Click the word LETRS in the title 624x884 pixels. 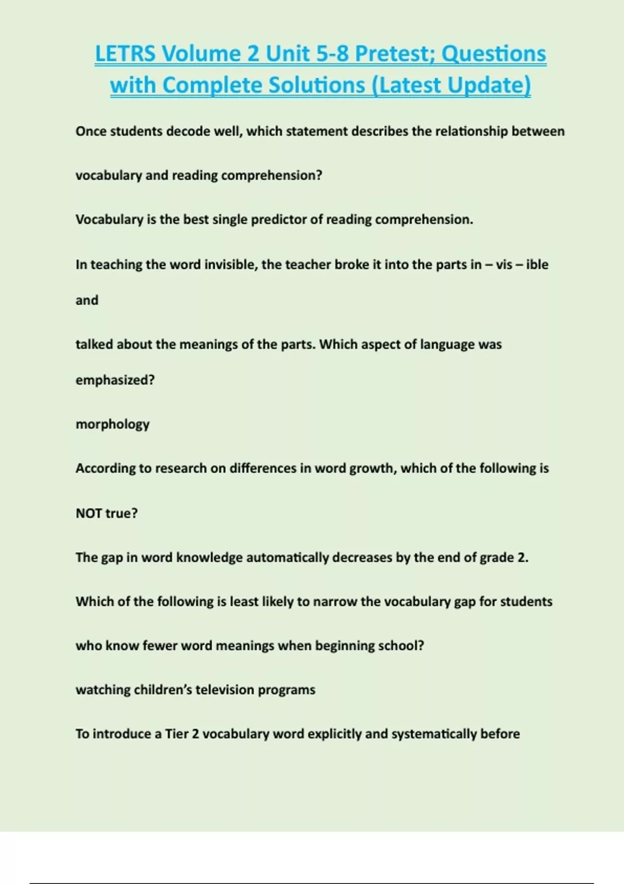[125, 54]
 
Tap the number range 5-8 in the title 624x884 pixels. [332, 54]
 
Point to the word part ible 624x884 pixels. [537, 264]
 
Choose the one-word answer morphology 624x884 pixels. [112, 424]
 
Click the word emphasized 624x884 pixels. [115, 380]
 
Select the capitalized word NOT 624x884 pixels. [89, 513]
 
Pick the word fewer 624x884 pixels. [160, 646]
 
